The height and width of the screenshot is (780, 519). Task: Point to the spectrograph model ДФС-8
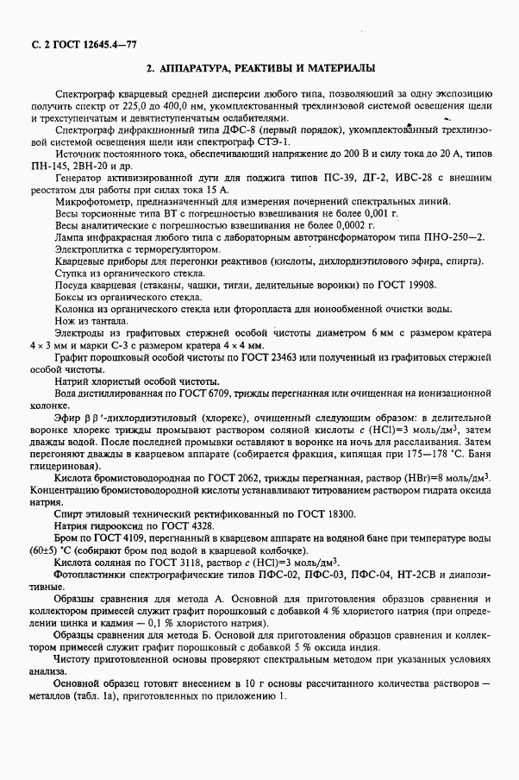[x=219, y=130]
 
